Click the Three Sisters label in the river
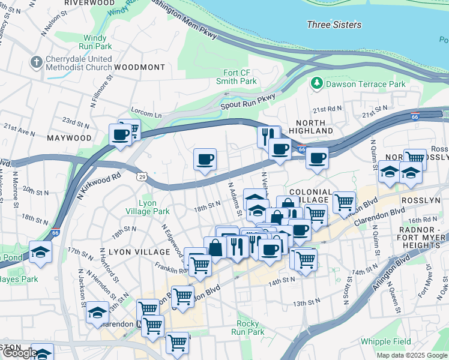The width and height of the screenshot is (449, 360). click(334, 25)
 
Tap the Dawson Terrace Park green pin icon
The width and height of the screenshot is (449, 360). click(316, 84)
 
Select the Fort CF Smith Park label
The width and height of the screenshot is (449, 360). click(236, 76)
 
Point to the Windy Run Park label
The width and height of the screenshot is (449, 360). click(95, 42)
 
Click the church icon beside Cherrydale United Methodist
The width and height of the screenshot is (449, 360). click(37, 63)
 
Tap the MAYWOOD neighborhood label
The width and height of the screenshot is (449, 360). click(70, 138)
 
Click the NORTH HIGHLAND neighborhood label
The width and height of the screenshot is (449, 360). click(306, 127)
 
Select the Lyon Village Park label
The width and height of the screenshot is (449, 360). click(146, 207)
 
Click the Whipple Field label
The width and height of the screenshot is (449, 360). click(386, 341)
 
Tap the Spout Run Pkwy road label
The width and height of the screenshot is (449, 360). click(249, 98)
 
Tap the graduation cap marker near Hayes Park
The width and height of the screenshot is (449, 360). click(41, 251)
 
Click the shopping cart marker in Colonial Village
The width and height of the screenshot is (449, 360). click(344, 202)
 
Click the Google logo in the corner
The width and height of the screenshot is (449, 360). click(19, 353)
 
